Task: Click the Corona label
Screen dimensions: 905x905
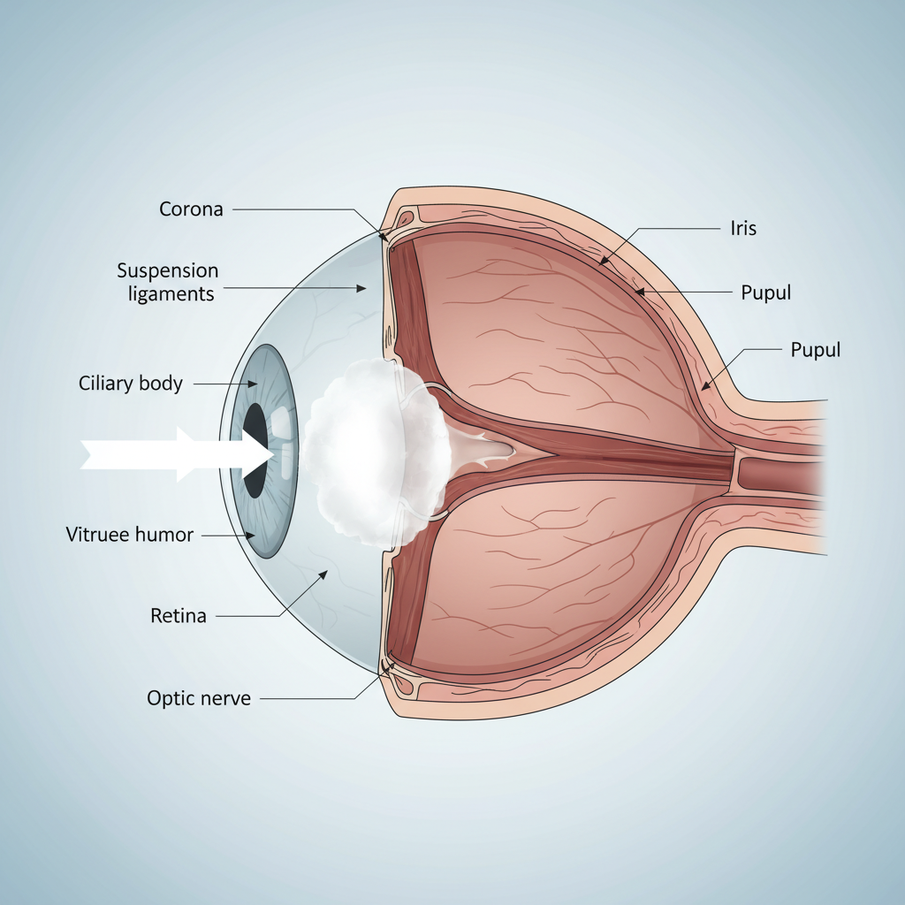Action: pyautogui.click(x=191, y=209)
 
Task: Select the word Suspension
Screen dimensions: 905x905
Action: pyautogui.click(x=168, y=270)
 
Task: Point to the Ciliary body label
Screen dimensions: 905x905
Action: pyautogui.click(x=131, y=384)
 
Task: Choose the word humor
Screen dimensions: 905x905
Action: pyautogui.click(x=165, y=535)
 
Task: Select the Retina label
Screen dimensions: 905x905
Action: pyautogui.click(x=179, y=616)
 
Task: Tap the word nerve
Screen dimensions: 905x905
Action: pyautogui.click(x=225, y=698)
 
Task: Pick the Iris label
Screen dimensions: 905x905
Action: pyautogui.click(x=743, y=228)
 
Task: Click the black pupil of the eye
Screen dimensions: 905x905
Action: pyautogui.click(x=256, y=450)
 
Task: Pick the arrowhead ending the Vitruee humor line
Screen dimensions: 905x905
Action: pyautogui.click(x=253, y=535)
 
